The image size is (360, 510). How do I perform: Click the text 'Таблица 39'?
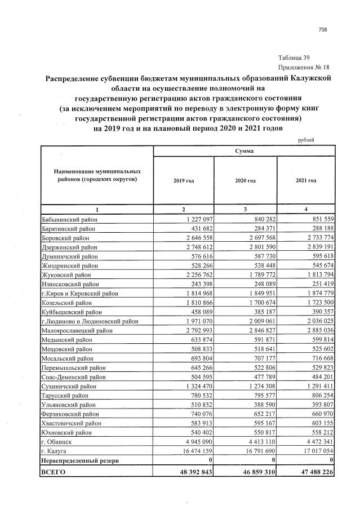tap(294, 58)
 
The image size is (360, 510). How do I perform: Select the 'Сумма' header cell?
tap(244, 152)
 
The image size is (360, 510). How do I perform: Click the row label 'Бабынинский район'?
tap(70, 219)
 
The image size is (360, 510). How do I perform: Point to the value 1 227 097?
tap(195, 219)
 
